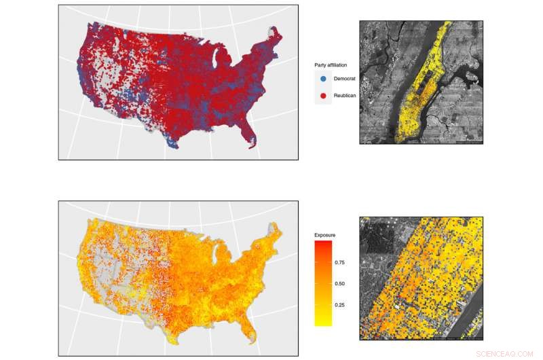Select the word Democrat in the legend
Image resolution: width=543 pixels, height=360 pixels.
pyautogui.click(x=345, y=79)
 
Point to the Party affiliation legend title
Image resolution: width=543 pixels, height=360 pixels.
pyautogui.click(x=331, y=65)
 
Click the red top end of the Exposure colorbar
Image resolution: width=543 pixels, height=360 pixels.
pyautogui.click(x=323, y=244)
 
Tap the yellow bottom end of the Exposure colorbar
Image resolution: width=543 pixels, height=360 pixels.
pyautogui.click(x=323, y=323)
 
